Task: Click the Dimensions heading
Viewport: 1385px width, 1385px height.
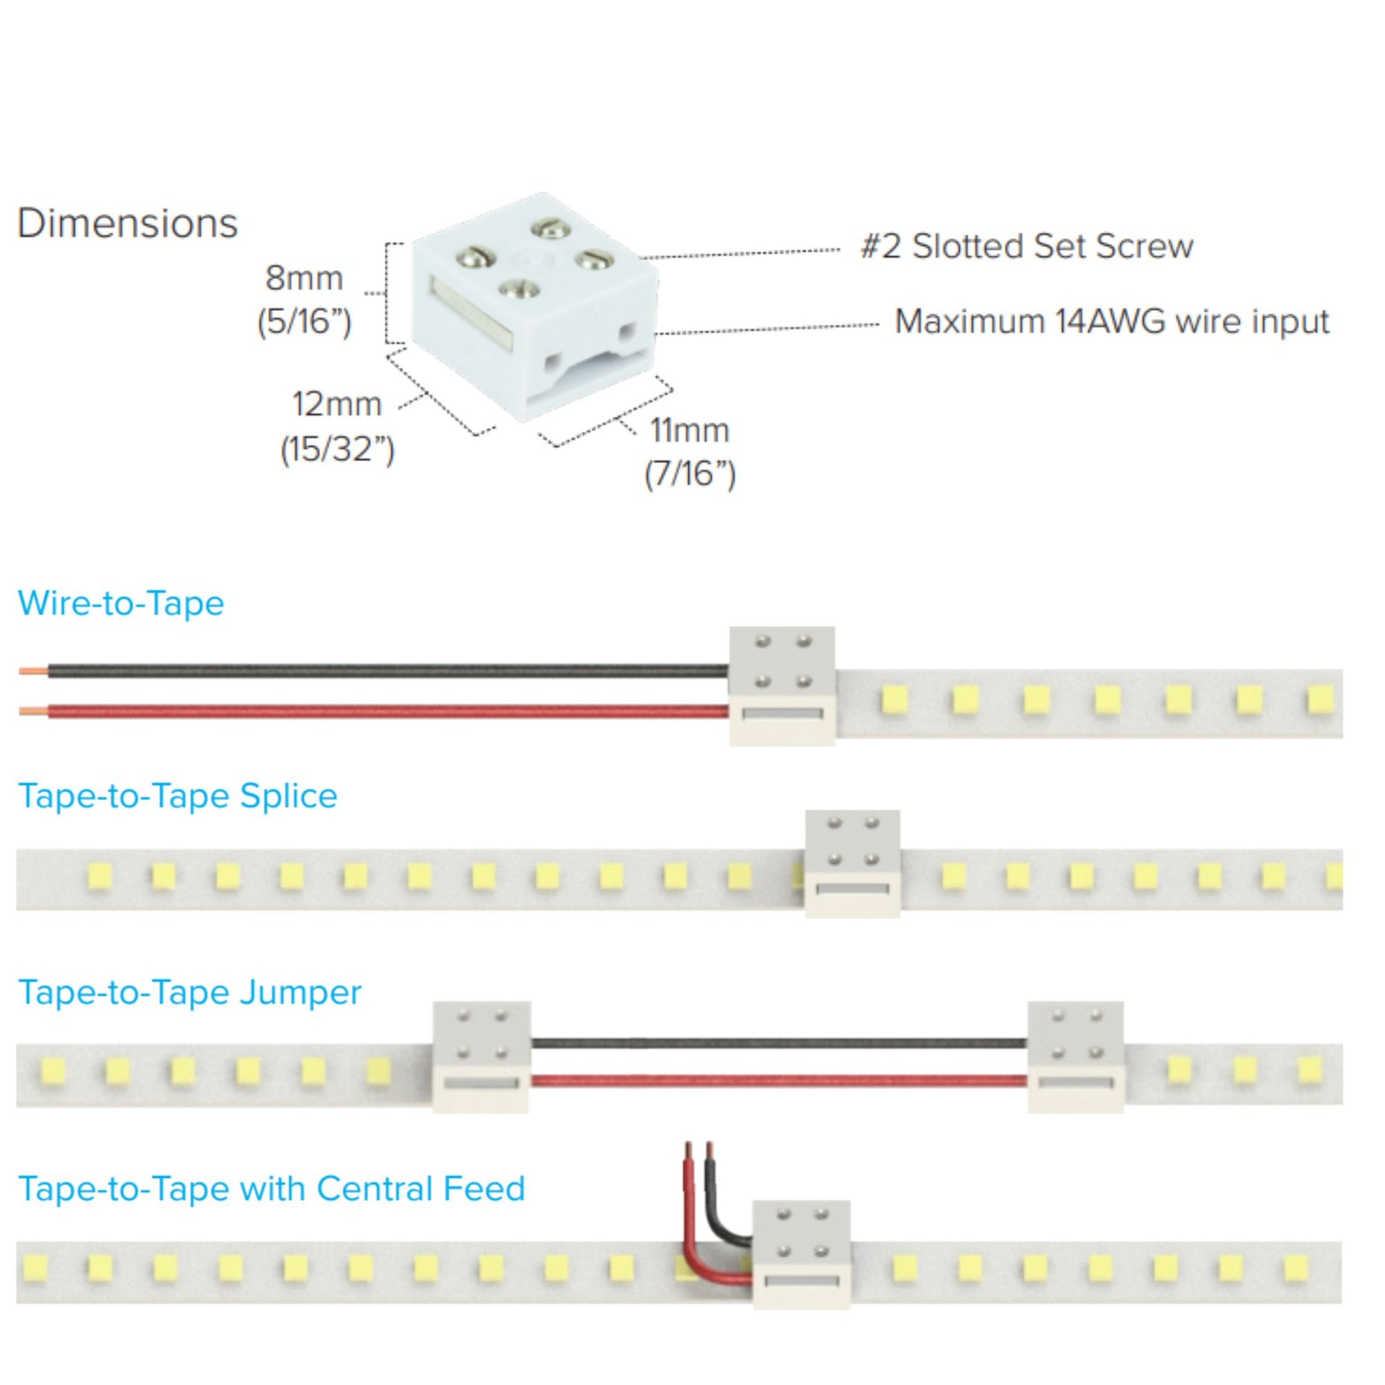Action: [x=127, y=223]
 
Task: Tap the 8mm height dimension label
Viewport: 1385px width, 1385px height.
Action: [x=304, y=278]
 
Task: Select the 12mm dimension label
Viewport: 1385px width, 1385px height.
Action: [x=336, y=404]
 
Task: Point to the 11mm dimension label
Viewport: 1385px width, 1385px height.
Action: [x=689, y=430]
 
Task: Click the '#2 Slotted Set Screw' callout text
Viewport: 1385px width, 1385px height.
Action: [x=1026, y=246]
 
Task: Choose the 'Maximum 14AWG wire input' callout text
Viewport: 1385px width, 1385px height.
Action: [x=1112, y=321]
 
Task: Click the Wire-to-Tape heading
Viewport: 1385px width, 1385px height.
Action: [x=120, y=603]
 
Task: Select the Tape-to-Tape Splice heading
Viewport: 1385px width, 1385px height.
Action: [x=177, y=796]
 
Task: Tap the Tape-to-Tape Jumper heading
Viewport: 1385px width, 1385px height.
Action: [x=189, y=992]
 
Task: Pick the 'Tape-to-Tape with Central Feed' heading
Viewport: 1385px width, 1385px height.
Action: [x=271, y=1189]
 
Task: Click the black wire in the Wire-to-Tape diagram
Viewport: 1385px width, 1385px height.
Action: [x=387, y=671]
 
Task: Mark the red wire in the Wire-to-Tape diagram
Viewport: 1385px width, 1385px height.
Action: [x=387, y=711]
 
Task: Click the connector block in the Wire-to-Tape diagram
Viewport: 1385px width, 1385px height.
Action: [x=781, y=685]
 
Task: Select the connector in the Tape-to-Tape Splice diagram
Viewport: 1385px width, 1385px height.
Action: [x=853, y=863]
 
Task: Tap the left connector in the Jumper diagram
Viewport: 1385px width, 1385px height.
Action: [x=482, y=1057]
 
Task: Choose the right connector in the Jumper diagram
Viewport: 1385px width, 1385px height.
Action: [x=1075, y=1057]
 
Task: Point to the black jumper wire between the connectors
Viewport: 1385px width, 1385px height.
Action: [x=779, y=1043]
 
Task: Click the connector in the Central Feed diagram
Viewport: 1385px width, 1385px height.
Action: [x=801, y=1255]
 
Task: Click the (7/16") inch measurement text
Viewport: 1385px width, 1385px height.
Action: [x=690, y=474]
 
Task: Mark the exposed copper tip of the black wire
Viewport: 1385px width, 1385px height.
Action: [x=33, y=672]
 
